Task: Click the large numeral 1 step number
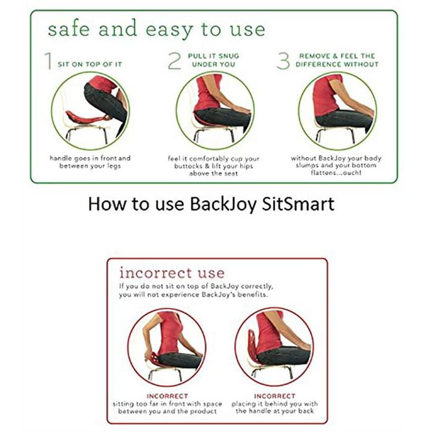pos(48,61)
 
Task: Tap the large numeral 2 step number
pos(174,61)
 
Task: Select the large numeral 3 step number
pos(283,61)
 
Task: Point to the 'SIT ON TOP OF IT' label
pos(90,64)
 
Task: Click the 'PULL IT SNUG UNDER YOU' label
pos(214,60)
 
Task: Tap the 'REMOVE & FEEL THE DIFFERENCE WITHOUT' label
pos(337,60)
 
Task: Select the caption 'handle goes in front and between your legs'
pos(90,162)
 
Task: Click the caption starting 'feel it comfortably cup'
pos(214,166)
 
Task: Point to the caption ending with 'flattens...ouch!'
pos(336,165)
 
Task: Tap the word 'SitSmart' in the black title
pos(298,204)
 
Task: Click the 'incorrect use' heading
pos(172,273)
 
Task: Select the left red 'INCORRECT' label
pos(167,396)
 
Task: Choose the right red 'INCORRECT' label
pos(275,396)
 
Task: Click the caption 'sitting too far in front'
pos(167,407)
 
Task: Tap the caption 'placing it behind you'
pos(275,407)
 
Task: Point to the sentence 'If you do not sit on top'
pos(196,291)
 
